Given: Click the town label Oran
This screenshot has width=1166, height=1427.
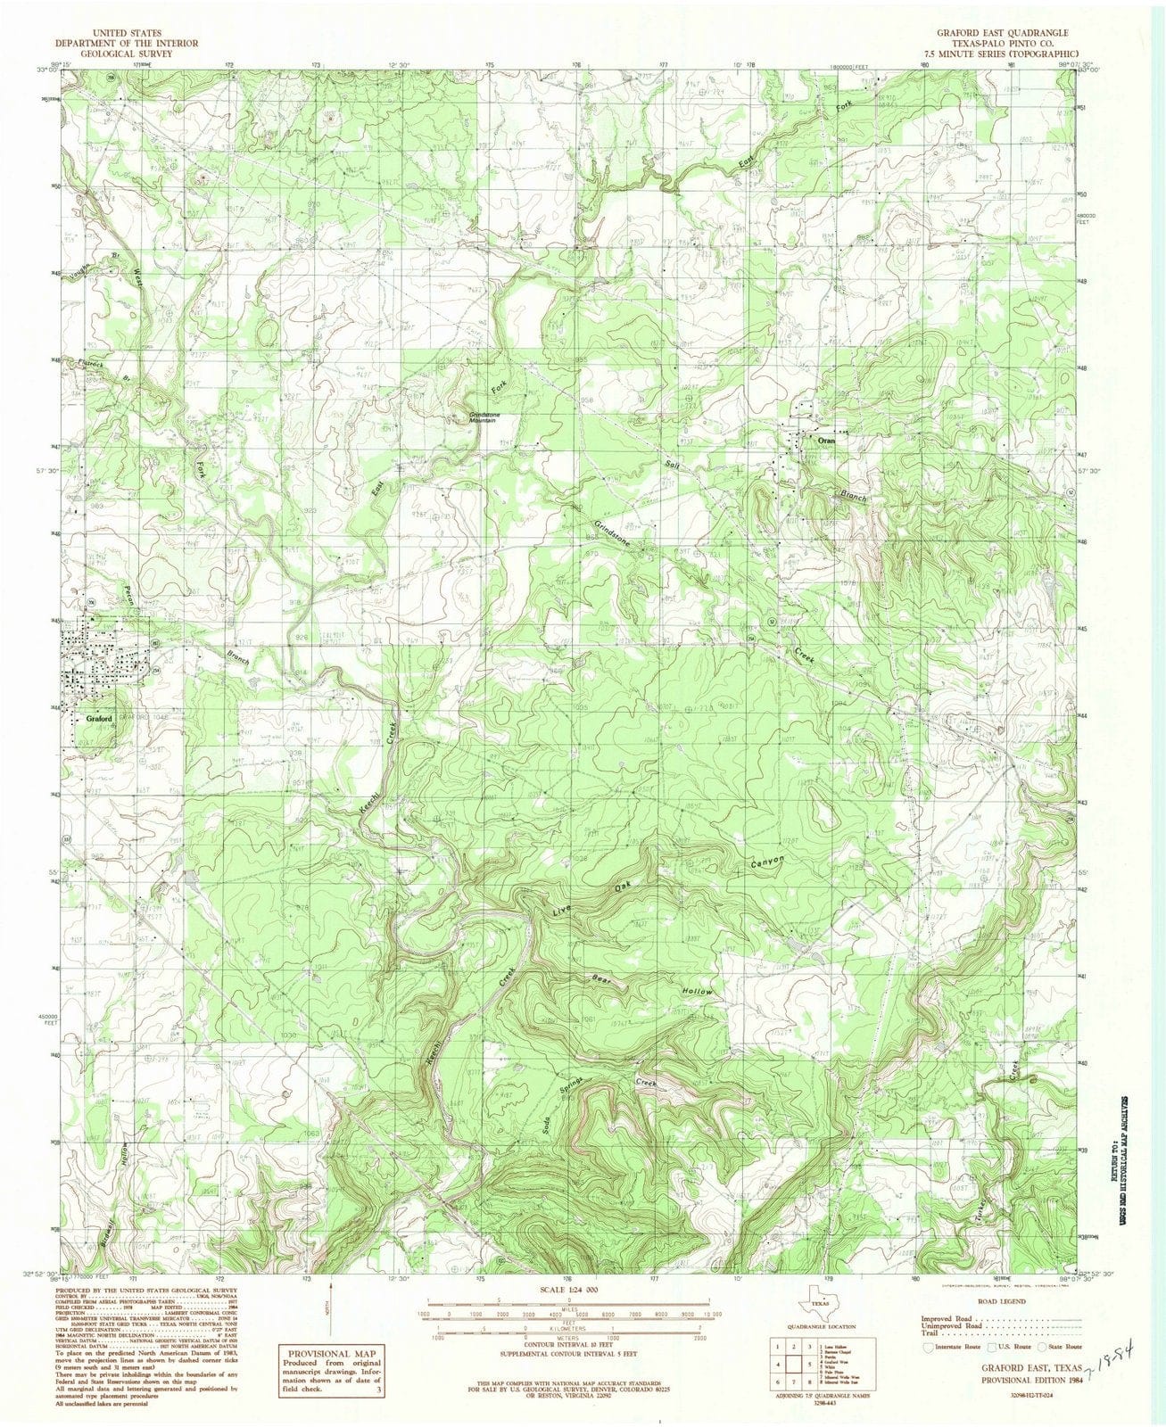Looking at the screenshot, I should pos(820,440).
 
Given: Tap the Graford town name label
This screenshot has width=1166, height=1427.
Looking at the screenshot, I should pos(99,719).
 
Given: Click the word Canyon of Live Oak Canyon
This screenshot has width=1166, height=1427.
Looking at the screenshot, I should pos(767,862).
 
